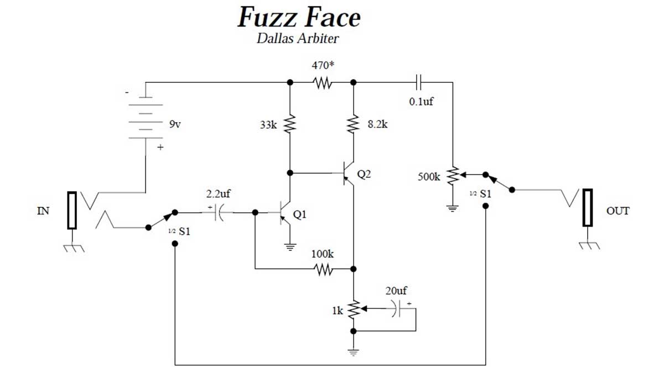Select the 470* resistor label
coord(322,65)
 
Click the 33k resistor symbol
coord(289,124)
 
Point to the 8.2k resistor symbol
coord(353,124)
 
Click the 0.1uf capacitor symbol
coord(419,83)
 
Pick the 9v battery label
coord(175,125)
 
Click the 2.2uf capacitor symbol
coord(217,212)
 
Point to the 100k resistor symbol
coord(322,269)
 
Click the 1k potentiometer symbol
coord(353,310)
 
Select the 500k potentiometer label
coord(429,177)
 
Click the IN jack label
coord(43,211)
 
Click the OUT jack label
coord(618,211)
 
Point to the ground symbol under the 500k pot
coord(453,208)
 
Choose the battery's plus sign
coord(160,148)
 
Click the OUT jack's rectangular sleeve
coord(587,208)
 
